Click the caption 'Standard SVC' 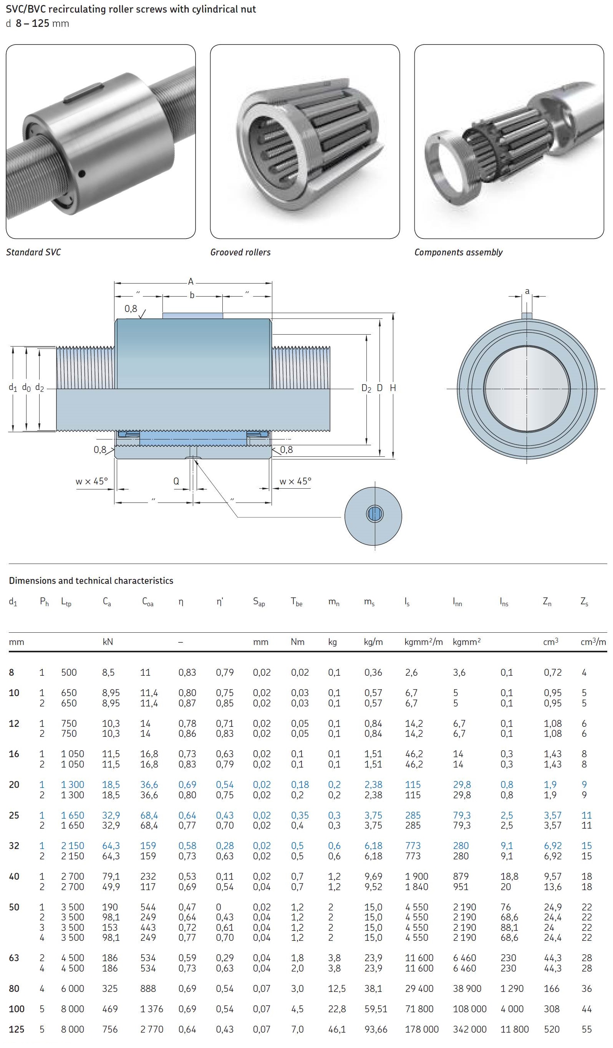33,252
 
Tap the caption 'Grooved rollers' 240,252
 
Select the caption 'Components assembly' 458,252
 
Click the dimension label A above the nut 191,282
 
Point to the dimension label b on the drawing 192,295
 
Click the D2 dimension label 366,388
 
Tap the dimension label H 393,388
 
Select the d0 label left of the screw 26,388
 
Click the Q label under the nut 176,481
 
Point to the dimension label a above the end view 527,291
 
